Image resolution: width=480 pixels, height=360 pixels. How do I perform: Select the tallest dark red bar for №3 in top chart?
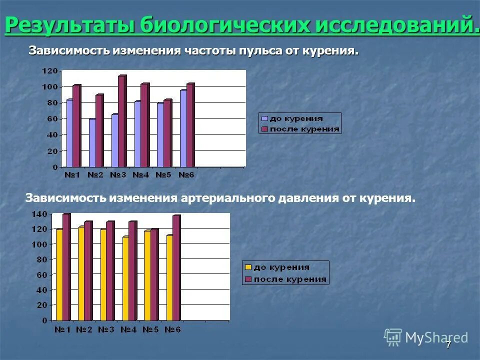[x=121, y=121]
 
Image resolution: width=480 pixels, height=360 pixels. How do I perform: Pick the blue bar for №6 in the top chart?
[x=183, y=128]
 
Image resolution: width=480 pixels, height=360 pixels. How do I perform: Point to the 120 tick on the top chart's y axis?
[x=51, y=71]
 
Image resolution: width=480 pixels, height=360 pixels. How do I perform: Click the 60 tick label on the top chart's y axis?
[x=53, y=119]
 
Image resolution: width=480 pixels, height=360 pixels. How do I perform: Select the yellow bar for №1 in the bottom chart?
[x=59, y=274]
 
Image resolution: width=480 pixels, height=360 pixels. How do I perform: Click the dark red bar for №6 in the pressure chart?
[x=176, y=267]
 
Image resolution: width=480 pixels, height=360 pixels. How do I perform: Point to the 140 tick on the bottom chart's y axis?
[x=40, y=214]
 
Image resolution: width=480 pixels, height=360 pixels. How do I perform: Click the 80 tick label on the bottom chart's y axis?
[x=42, y=259]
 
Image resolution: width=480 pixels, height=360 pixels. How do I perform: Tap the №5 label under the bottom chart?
[x=150, y=330]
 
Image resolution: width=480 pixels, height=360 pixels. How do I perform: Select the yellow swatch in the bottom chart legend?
[x=248, y=267]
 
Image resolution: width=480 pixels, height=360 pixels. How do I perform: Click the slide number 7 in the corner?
[x=448, y=344]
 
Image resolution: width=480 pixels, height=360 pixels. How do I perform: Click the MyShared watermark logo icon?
[x=393, y=337]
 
